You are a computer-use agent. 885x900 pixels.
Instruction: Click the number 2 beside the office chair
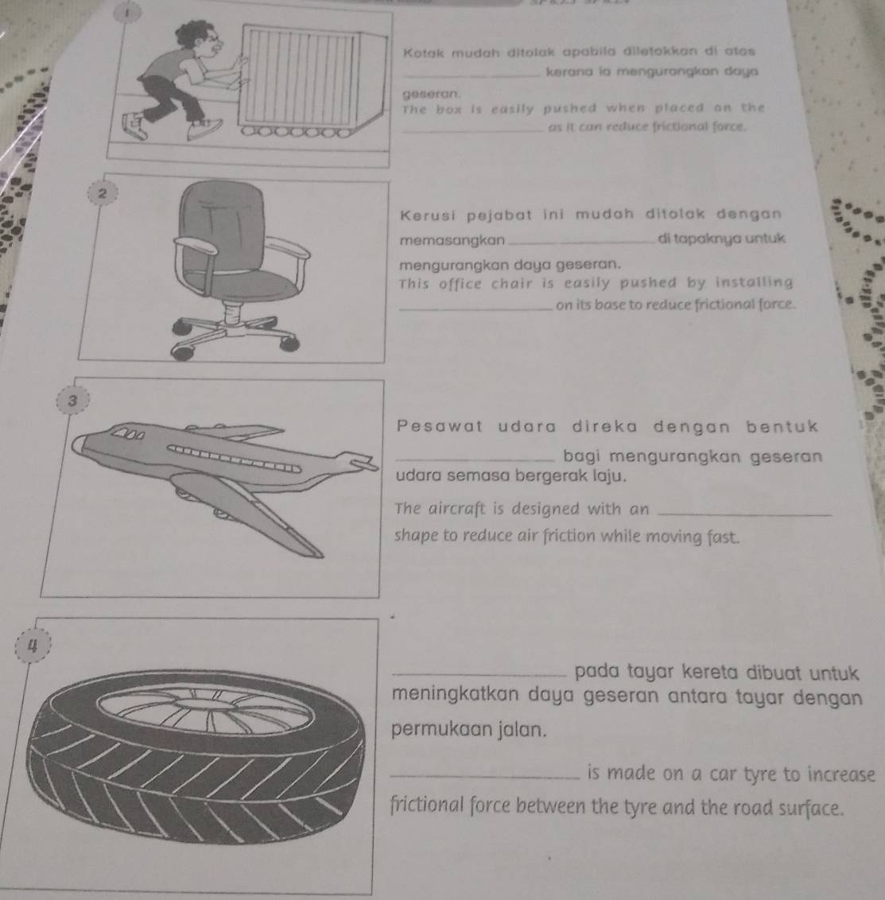102,194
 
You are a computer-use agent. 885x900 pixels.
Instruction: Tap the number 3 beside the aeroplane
72,402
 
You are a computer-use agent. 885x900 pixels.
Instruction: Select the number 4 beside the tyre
33,646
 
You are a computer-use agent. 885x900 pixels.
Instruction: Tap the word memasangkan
452,240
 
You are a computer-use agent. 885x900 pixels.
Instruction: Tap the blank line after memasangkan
581,243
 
